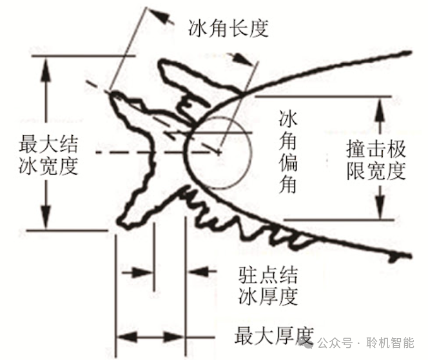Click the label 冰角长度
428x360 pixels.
228,28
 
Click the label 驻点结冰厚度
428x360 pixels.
264,287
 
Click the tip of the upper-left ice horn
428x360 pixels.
113,95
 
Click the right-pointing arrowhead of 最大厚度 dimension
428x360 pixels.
180,336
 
